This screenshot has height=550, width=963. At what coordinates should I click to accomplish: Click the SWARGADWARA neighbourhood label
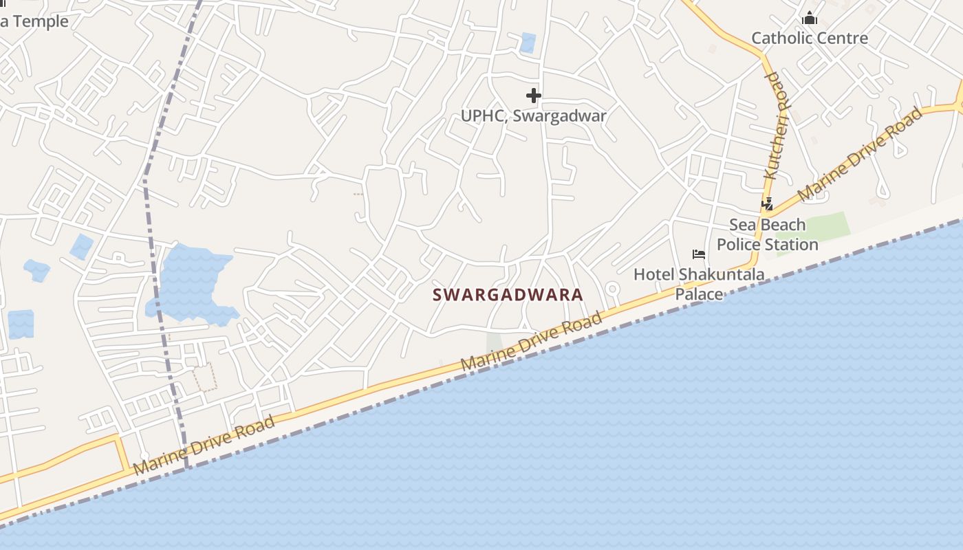[508, 295]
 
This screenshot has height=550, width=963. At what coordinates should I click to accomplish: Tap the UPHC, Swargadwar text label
[534, 115]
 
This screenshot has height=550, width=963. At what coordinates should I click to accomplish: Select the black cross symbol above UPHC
[534, 96]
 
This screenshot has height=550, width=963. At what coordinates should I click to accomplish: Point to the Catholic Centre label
[810, 38]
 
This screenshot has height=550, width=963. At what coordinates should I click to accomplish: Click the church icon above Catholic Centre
[810, 18]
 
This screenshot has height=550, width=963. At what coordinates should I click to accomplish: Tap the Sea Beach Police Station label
[768, 234]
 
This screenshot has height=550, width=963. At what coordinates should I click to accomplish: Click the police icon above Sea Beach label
[767, 204]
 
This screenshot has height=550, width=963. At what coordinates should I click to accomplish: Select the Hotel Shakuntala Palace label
[699, 284]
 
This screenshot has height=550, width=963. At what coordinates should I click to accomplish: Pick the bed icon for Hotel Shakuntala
[699, 254]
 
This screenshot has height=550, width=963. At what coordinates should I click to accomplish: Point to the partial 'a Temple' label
[34, 21]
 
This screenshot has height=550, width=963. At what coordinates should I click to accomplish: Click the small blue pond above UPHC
[528, 43]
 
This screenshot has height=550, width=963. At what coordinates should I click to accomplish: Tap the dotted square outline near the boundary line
[205, 378]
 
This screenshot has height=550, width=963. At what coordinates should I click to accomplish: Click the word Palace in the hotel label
[699, 294]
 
